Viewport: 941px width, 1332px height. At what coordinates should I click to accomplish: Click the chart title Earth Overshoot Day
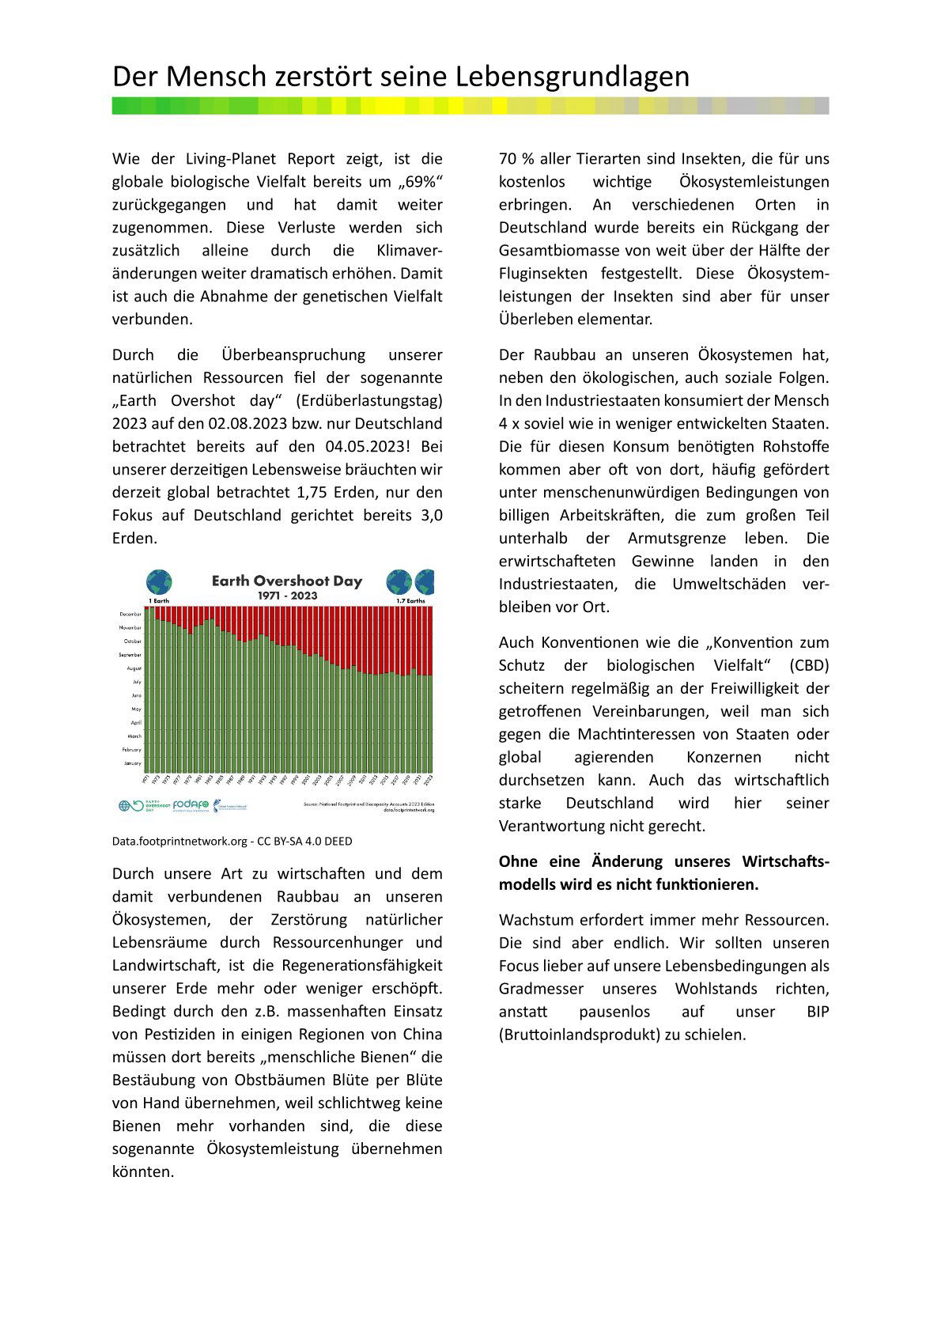point(286,581)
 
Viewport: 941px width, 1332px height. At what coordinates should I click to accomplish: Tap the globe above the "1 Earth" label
point(159,582)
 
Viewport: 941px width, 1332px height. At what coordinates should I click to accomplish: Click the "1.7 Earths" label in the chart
point(410,601)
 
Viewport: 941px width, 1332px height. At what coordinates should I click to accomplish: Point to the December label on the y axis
point(130,614)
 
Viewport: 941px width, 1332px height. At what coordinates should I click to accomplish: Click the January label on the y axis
point(132,763)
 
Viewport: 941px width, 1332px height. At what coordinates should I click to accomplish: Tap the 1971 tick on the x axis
point(145,779)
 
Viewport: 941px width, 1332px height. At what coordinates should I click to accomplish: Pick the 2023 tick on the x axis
point(429,779)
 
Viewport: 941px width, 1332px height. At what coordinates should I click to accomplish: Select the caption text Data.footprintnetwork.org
point(180,842)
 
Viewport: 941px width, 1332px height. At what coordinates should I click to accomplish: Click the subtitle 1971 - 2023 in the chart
point(287,596)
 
